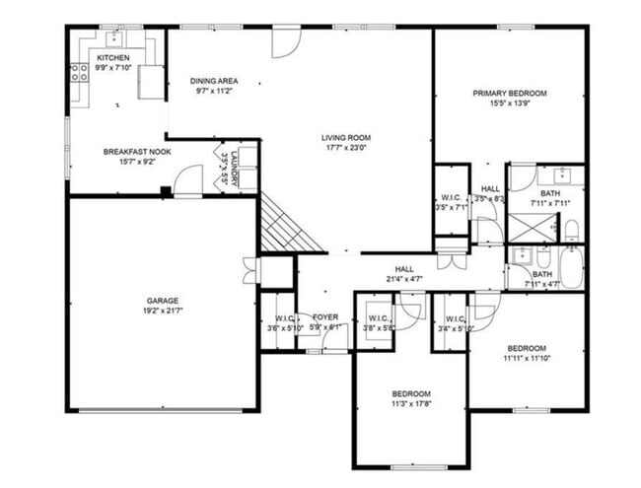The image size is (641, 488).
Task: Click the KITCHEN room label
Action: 112,58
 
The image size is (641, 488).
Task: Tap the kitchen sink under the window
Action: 114,38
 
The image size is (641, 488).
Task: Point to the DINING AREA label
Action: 214,81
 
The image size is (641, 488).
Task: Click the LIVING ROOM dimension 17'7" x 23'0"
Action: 344,148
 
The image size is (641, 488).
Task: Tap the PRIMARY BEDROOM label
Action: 509,94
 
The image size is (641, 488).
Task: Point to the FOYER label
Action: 325,317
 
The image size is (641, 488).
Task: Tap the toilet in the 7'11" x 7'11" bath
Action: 572,231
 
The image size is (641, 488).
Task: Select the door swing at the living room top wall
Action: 283,41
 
